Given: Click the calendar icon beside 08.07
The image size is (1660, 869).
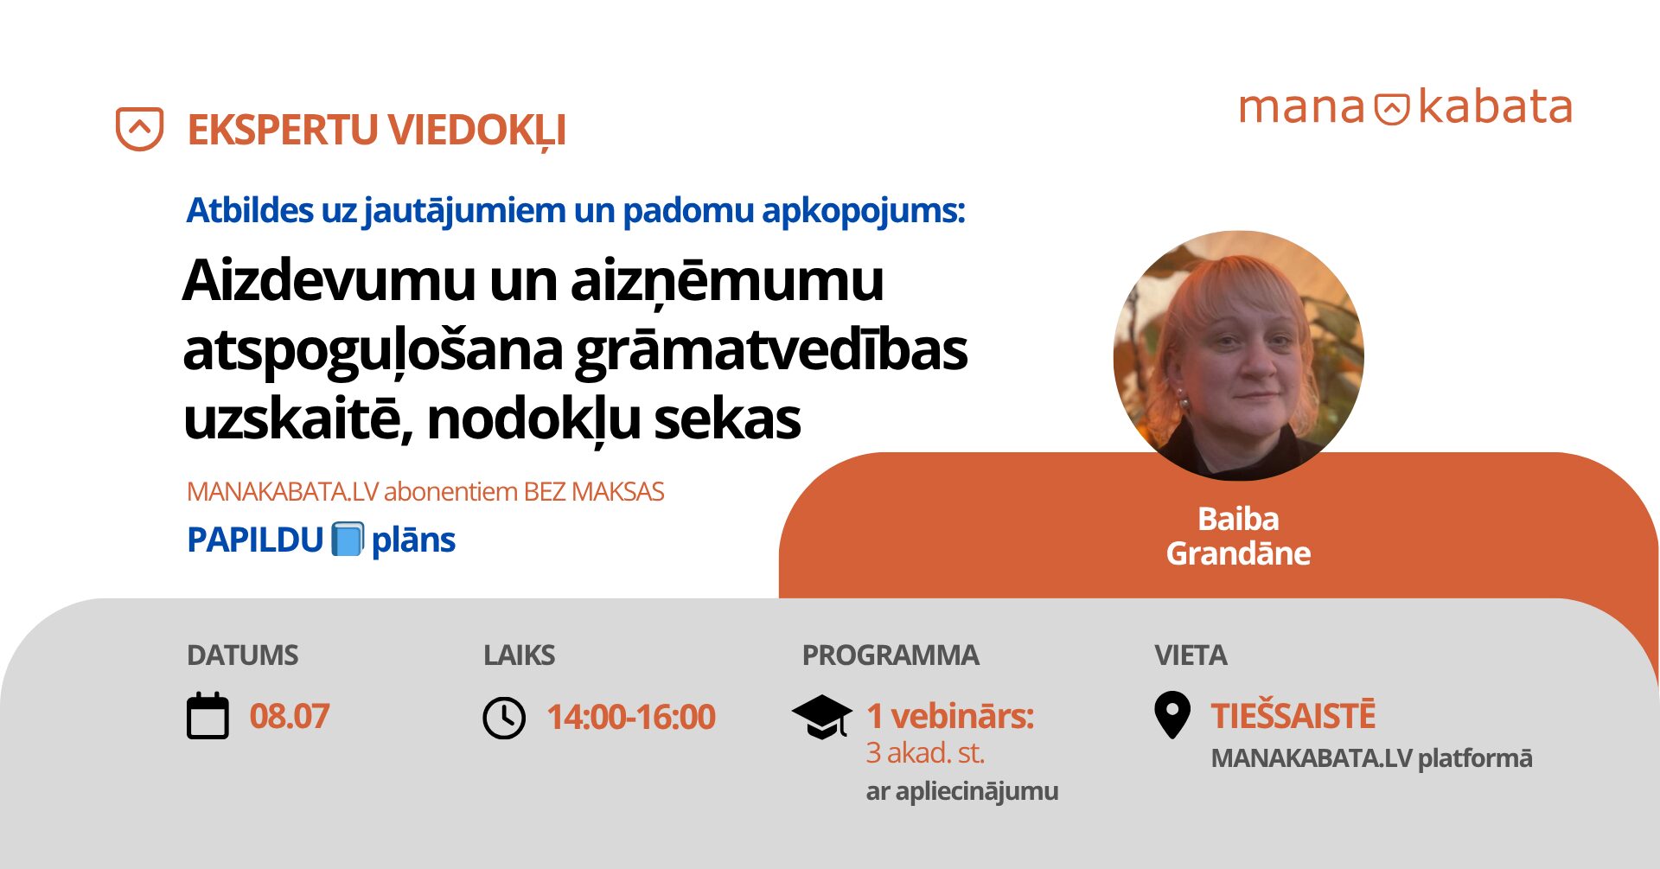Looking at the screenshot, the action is coord(207,716).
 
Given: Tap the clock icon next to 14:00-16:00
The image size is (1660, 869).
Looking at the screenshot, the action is coord(504,718).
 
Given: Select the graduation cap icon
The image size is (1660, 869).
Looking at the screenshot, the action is coord(822,717).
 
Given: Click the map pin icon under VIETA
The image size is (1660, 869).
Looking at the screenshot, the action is coord(1172,715).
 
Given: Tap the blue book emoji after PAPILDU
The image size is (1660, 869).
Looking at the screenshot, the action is coord(348,540).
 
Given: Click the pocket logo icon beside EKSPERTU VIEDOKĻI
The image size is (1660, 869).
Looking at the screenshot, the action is coord(140,129).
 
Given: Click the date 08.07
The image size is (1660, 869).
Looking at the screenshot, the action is coord(290,717).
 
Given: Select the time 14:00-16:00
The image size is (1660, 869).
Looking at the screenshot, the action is coord(631,718).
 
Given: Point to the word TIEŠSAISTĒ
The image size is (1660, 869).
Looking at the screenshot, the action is coord(1293,716).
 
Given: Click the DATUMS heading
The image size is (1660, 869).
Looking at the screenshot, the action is coord(243,655).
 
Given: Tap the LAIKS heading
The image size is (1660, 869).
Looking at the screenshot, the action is coord(520,655).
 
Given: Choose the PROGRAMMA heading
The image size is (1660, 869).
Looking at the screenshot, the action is coord(891,655).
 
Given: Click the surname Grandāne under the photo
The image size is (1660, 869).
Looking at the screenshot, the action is coord(1238,553).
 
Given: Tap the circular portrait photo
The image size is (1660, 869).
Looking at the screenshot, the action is coord(1239,355).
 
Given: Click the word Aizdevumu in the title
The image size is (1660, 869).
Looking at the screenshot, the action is coord(330,281).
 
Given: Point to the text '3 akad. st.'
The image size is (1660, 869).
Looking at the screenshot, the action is coord(925,753).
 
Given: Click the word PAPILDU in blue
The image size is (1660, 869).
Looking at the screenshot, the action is coord(255,540).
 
